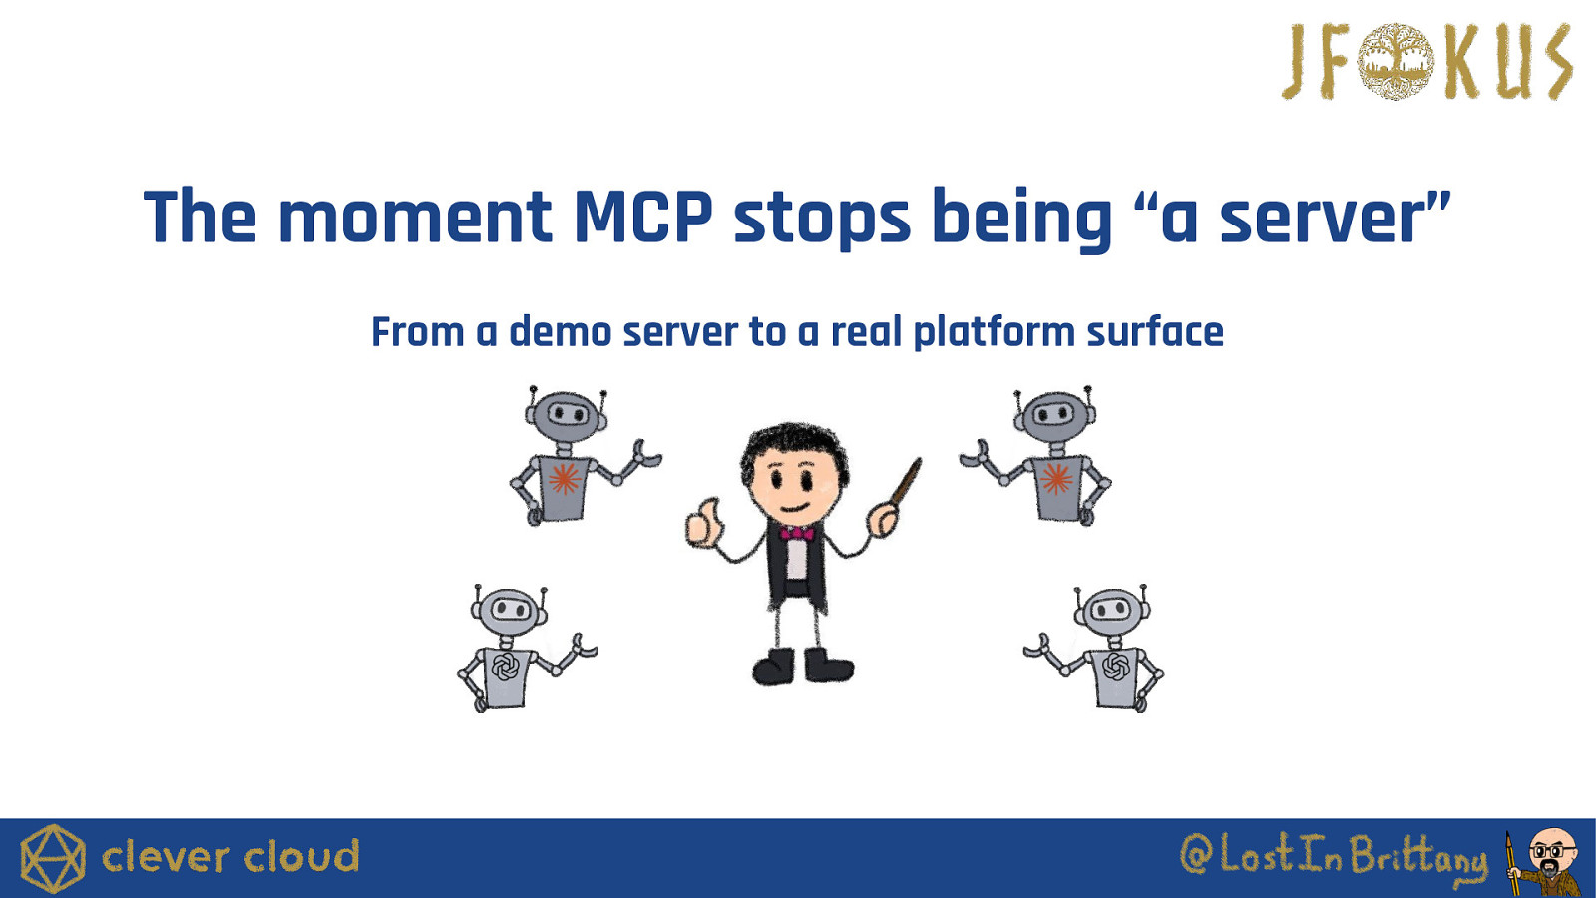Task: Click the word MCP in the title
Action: pos(643,216)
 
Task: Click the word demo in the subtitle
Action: pos(560,333)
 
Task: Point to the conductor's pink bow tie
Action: pos(797,533)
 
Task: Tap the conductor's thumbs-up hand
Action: pos(704,523)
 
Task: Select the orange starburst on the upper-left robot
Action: pos(564,479)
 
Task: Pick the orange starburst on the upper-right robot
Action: pos(1056,478)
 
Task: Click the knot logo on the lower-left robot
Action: pos(504,668)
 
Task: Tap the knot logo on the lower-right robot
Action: pos(1115,667)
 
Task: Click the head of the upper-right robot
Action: pos(1054,413)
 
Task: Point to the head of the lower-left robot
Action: pos(509,610)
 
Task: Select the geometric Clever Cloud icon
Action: pos(53,858)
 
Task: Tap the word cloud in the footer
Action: pos(302,856)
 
